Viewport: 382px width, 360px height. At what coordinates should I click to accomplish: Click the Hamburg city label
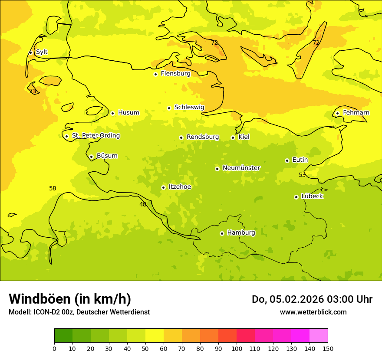[241, 233]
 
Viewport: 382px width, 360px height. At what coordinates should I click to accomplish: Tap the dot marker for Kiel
[233, 137]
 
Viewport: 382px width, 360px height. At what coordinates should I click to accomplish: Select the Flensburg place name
[175, 74]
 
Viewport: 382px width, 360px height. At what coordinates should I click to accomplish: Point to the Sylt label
[42, 52]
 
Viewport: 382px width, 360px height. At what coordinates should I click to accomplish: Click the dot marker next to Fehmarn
[337, 113]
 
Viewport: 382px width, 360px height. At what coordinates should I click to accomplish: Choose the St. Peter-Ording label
[96, 136]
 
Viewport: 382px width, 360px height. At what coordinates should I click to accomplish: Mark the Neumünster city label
[241, 168]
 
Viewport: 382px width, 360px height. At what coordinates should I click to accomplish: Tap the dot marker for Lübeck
[296, 197]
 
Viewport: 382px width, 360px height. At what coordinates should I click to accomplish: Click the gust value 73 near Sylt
[33, 91]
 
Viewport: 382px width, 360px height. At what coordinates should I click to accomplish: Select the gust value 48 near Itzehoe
[143, 204]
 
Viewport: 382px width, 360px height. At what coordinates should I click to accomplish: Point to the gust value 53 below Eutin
[302, 175]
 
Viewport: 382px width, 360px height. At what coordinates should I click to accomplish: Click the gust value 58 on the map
[53, 189]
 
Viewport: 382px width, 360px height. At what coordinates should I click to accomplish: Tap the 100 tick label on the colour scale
[237, 349]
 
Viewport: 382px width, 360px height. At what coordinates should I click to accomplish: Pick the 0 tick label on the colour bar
[54, 349]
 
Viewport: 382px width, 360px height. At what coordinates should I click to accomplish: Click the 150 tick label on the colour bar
[328, 349]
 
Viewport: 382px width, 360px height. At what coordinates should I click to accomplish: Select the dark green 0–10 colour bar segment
[63, 336]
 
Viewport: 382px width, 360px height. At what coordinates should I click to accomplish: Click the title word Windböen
[39, 299]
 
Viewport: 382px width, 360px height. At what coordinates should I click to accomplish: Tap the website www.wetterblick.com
[313, 312]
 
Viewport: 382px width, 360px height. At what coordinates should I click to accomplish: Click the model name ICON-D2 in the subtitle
[45, 312]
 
